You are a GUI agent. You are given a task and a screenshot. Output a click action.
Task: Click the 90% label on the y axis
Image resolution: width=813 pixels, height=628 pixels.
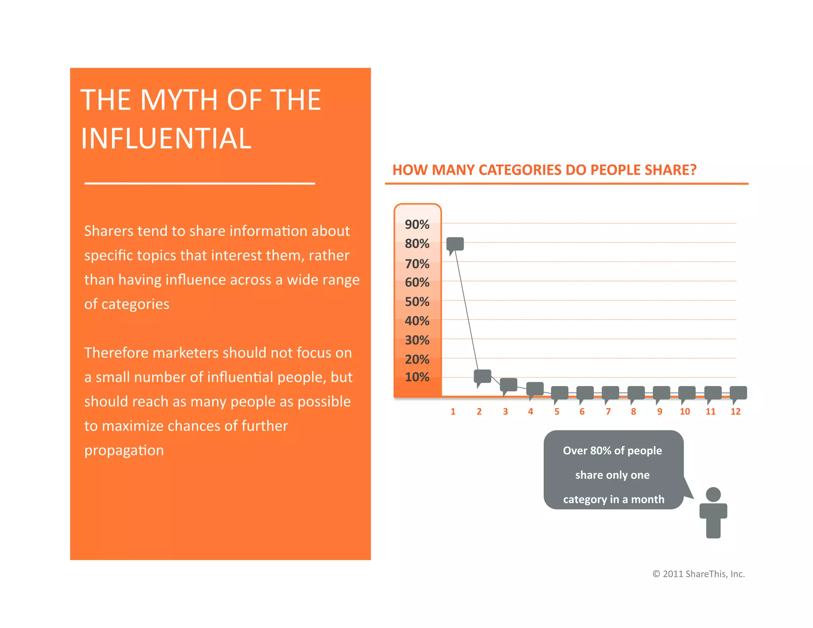[417, 225]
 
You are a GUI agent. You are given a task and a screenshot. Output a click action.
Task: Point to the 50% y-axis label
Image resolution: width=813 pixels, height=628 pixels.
[417, 302]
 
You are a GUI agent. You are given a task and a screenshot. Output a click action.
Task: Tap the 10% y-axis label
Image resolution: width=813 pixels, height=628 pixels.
[417, 377]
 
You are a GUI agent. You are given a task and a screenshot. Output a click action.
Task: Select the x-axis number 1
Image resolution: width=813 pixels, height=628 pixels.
[453, 412]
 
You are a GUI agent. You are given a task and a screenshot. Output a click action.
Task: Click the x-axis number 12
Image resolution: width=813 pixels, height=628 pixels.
[736, 412]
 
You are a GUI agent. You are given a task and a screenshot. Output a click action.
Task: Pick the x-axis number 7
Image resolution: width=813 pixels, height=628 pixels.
[608, 412]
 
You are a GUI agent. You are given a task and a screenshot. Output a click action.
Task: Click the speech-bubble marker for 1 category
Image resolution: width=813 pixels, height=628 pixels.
[455, 244]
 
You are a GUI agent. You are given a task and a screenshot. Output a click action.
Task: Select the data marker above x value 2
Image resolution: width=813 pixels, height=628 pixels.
[482, 376]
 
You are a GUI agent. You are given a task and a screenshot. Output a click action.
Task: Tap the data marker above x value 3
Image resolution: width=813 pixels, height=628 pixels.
[508, 385]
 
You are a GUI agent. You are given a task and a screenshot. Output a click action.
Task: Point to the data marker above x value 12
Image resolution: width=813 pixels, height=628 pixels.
[738, 393]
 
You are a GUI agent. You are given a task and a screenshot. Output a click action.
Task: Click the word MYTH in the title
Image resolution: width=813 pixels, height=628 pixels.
[179, 100]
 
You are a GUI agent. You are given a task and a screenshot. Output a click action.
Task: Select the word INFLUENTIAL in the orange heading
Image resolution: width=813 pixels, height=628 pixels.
[166, 139]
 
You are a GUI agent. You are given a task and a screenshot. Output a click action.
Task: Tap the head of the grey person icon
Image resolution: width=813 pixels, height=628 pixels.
[713, 495]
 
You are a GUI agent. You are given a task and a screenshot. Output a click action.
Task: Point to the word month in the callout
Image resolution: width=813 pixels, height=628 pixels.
[647, 499]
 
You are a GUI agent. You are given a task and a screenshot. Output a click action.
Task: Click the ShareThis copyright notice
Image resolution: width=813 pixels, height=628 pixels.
[698, 574]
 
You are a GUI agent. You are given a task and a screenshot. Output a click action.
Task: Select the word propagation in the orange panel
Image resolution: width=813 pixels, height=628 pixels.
[124, 451]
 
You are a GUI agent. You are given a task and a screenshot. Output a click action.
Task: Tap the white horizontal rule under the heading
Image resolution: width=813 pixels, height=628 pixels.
[200, 183]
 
